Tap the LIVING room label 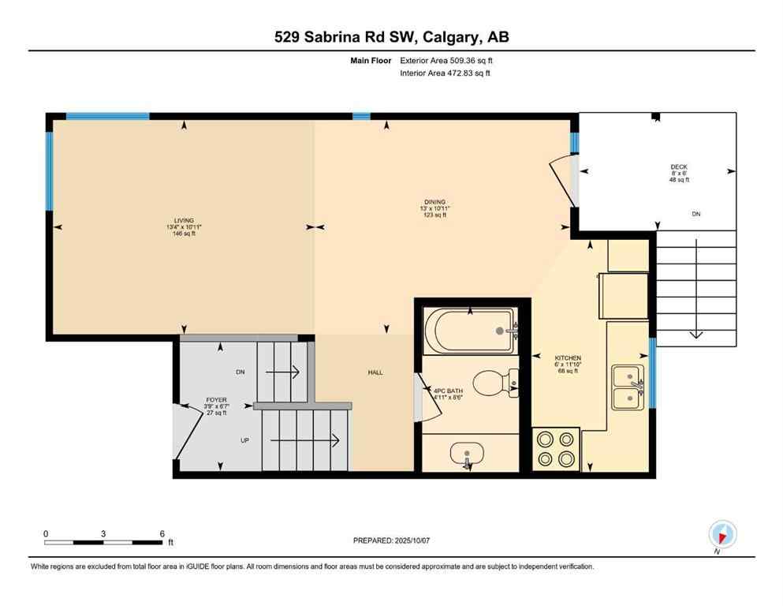[x=185, y=221]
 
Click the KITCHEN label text [x=568, y=358]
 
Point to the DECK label [x=679, y=166]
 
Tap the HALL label [x=375, y=372]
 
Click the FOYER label [x=216, y=400]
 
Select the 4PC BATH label [x=449, y=391]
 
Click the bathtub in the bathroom [x=470, y=330]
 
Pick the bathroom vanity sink [x=468, y=454]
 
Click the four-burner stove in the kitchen [x=556, y=450]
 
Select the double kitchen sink [x=629, y=387]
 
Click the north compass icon [x=722, y=534]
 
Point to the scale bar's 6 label [x=162, y=533]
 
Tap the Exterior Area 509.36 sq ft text [x=447, y=60]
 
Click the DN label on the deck [x=695, y=214]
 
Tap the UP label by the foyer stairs [x=244, y=440]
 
